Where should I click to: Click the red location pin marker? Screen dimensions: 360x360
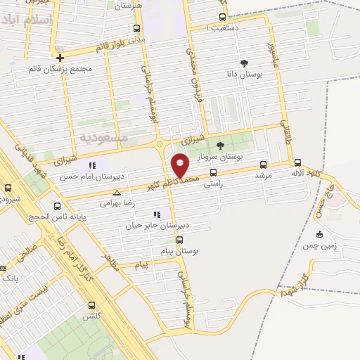pos(181,167)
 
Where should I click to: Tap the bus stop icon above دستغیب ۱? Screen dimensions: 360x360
pos(223,18)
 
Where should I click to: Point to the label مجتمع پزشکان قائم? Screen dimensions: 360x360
pos(60,69)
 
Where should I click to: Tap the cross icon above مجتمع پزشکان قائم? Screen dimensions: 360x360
pos(60,58)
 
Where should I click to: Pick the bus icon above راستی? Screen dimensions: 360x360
pos(213,172)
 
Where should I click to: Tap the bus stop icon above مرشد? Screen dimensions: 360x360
pos(264,163)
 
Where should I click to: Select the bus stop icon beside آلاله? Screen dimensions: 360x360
pos(298,162)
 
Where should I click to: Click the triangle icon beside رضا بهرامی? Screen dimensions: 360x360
pos(117,192)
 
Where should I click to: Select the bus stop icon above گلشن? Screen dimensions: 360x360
pos(91,305)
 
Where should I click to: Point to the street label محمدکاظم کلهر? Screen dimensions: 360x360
pos(166,180)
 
